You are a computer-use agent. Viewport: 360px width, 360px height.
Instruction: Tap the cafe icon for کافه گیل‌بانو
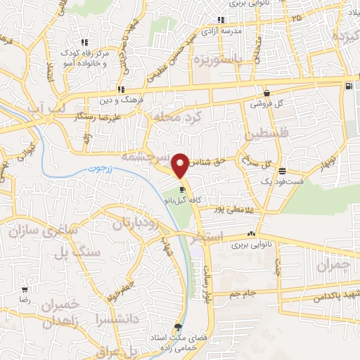(182, 189)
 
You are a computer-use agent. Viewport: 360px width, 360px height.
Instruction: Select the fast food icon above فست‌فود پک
(282, 171)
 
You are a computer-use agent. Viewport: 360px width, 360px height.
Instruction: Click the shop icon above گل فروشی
(267, 93)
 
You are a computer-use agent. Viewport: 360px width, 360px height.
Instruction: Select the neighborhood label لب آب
(51, 107)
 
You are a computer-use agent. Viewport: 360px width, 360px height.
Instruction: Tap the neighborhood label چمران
(333, 266)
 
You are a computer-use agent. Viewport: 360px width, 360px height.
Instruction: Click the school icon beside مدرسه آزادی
(221, 20)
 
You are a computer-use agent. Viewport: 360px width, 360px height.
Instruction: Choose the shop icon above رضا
(25, 290)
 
